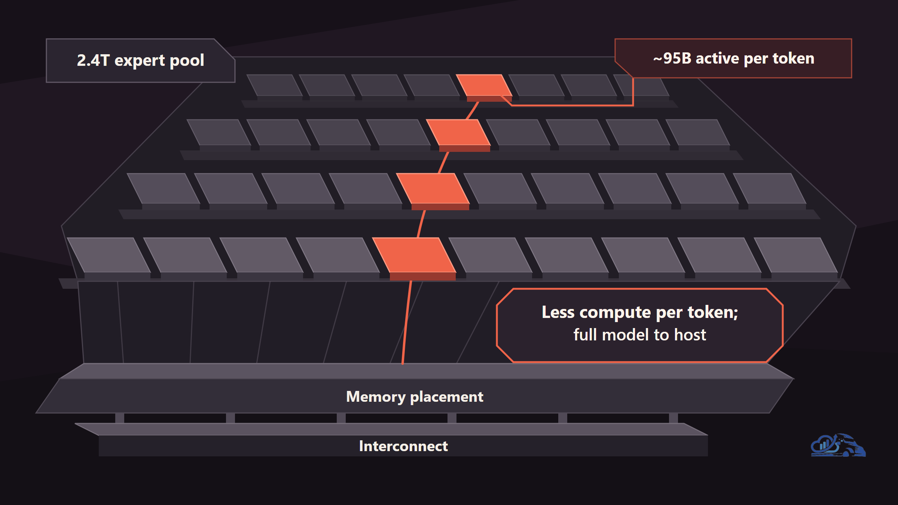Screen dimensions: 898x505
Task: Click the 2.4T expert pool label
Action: (x=140, y=61)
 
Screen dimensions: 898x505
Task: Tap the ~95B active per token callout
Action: (x=733, y=58)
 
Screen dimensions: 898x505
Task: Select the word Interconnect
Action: (x=403, y=446)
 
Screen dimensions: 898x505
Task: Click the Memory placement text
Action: (x=415, y=397)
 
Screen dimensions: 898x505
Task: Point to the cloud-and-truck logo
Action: (x=838, y=445)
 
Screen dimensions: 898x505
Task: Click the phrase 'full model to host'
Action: (x=640, y=335)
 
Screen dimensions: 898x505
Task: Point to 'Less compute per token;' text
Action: (x=640, y=312)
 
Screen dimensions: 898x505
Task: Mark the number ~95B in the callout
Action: (x=672, y=58)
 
